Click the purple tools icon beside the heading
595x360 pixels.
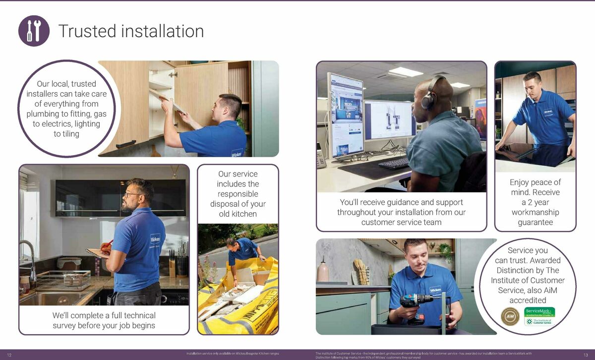(34, 31)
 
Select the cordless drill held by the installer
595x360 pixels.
(416, 302)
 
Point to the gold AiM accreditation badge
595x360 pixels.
(510, 316)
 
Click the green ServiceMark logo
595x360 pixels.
(540, 312)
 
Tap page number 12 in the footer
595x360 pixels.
(9, 355)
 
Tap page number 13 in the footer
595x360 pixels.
(586, 355)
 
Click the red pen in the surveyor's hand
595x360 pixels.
(107, 245)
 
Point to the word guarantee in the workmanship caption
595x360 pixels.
(535, 222)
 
